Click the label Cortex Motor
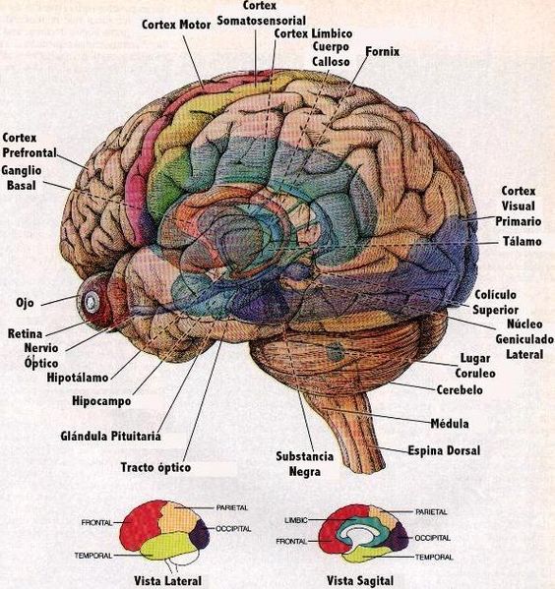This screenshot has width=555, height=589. tap(176, 25)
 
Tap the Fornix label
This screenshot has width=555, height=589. tap(383, 51)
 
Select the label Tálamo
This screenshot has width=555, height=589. tap(523, 241)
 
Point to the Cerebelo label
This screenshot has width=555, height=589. tap(460, 390)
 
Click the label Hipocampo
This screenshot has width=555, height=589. tap(101, 401)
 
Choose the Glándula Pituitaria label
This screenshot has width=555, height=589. tap(110, 437)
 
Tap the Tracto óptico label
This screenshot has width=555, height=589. tap(155, 467)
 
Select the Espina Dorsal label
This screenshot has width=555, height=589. tap(444, 450)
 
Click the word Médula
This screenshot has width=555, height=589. tap(450, 424)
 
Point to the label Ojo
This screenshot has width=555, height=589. tap(25, 303)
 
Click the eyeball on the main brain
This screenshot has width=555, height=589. tap(92, 301)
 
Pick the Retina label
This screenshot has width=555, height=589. tap(25, 333)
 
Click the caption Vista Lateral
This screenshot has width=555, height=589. tap(167, 581)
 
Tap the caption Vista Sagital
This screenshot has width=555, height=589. tap(360, 581)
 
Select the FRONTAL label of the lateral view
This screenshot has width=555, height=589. tap(96, 522)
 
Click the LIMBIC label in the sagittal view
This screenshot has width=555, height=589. tap(296, 520)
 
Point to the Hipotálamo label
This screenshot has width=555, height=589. tap(78, 378)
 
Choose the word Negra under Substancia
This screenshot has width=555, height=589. tap(305, 471)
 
